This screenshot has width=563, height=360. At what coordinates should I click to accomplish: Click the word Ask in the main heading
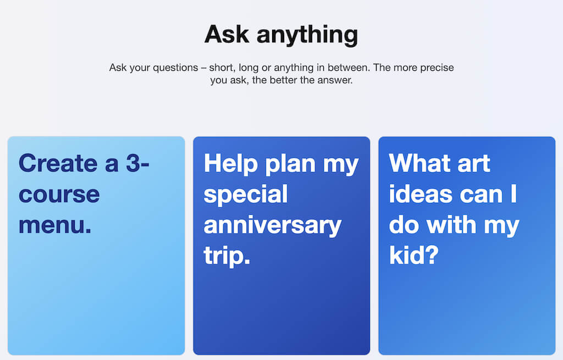tap(227, 35)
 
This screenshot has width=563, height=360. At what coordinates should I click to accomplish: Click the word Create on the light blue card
tap(58, 163)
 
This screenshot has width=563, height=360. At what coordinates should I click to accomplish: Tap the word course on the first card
tap(59, 195)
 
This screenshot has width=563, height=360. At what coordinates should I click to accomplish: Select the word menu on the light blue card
tap(52, 225)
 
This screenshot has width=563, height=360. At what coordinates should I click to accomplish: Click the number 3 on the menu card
tap(133, 163)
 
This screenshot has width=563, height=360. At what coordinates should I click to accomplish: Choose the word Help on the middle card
tap(231, 164)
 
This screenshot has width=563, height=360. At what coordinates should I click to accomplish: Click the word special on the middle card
tap(246, 195)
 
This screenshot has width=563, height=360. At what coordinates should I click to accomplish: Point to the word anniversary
tap(273, 225)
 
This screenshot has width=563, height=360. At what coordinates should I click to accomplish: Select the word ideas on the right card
tap(421, 194)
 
